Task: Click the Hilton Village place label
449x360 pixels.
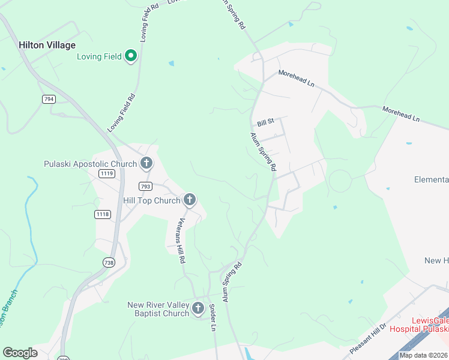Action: (47, 45)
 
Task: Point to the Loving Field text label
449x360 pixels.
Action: (99, 57)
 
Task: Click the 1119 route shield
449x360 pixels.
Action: (107, 173)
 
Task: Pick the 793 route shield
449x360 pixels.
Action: (145, 186)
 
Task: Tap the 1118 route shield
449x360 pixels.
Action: (103, 214)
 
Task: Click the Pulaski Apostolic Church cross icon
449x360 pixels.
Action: (146, 163)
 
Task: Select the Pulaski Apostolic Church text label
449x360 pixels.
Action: (91, 164)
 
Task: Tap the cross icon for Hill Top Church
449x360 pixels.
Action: (190, 200)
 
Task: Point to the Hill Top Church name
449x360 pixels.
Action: (151, 200)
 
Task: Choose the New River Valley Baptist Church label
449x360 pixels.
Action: (158, 309)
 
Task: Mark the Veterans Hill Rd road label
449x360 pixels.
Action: (180, 240)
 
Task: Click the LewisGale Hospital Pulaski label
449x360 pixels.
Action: (419, 325)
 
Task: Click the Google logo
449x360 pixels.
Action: (20, 353)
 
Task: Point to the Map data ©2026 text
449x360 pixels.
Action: (423, 355)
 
